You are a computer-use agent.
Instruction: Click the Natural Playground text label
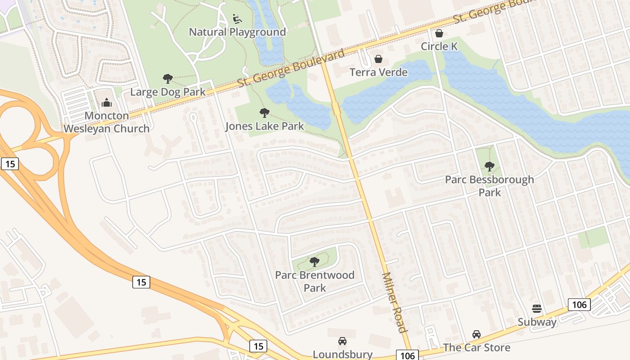click(237, 32)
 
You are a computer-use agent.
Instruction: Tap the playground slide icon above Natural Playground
click(237, 19)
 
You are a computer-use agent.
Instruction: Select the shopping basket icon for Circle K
click(439, 33)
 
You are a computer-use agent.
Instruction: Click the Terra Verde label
click(378, 72)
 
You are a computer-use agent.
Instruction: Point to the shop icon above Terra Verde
click(378, 59)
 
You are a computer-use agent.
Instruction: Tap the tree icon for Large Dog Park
click(168, 79)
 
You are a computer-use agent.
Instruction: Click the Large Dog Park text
click(168, 92)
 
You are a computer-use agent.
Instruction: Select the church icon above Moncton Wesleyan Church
click(107, 103)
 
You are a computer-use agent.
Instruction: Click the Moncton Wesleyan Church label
click(107, 122)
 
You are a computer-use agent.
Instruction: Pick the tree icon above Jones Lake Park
click(265, 113)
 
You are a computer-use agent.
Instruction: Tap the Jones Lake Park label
click(265, 126)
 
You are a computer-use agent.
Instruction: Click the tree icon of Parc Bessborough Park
click(490, 166)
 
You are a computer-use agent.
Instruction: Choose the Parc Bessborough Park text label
click(490, 186)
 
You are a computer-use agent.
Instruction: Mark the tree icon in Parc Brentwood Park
click(315, 261)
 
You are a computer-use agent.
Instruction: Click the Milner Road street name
click(394, 302)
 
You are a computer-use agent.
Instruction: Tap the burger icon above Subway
click(537, 309)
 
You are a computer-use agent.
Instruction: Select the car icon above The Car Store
click(477, 334)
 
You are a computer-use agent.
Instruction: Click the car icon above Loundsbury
click(342, 341)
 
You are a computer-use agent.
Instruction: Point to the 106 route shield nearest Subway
click(579, 305)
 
